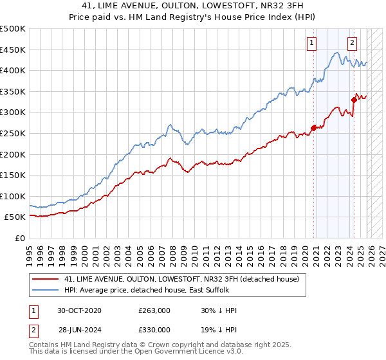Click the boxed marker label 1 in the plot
tap(311, 43)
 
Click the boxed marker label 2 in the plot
tap(353, 43)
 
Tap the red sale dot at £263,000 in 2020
tap(314, 127)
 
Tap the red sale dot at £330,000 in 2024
tap(354, 99)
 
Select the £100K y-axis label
tap(14, 196)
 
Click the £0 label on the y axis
tap(20, 238)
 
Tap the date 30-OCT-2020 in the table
tap(79, 310)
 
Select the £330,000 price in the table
tap(154, 329)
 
